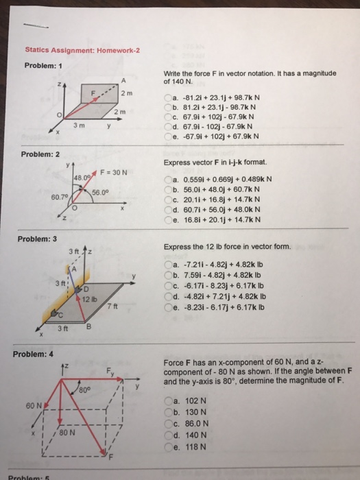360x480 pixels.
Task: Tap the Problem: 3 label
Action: coord(43,238)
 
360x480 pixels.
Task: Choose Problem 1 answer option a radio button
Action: coord(168,98)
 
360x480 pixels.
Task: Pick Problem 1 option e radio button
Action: coord(168,136)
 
